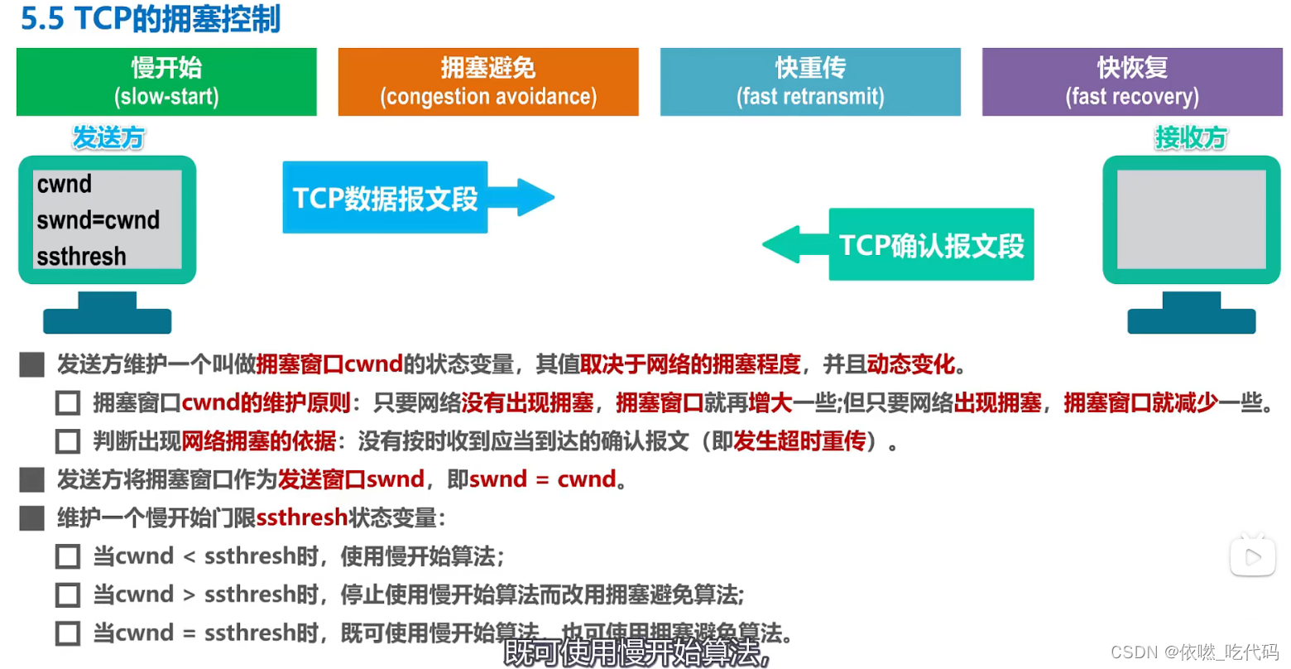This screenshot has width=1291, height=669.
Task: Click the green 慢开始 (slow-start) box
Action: (166, 81)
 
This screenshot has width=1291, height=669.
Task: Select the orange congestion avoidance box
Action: (488, 81)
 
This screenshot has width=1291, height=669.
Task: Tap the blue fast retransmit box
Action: (810, 81)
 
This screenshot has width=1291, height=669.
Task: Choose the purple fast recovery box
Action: (1132, 81)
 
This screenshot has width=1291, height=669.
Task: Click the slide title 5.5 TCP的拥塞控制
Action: (151, 18)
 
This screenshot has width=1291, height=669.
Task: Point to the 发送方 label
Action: (108, 137)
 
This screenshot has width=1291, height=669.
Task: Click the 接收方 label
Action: (1191, 137)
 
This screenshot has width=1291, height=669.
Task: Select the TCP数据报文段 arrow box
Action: (386, 198)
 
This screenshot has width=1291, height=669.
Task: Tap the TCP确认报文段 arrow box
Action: (931, 245)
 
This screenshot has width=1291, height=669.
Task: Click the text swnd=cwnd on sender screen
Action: (98, 220)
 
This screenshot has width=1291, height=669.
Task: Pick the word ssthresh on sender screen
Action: (81, 257)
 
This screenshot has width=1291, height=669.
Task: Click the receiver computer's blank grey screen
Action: (1191, 219)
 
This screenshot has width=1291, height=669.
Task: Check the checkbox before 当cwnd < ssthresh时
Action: (68, 556)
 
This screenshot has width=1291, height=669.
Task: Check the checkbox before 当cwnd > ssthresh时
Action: (68, 594)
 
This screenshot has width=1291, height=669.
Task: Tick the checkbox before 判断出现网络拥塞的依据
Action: (68, 441)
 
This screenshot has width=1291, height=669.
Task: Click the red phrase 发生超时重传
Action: (799, 441)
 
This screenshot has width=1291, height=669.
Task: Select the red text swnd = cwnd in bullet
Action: (543, 479)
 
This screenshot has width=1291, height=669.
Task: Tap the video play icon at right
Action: (1253, 557)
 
